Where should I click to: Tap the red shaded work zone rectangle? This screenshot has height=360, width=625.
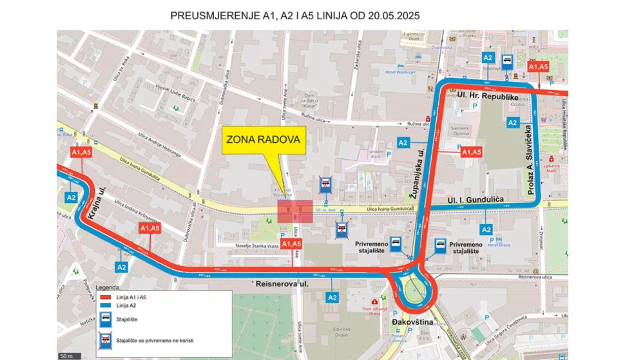(296, 211)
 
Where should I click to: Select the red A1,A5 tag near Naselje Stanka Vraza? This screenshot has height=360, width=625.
(292, 243)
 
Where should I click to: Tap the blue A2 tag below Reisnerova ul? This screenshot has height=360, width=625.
(332, 297)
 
